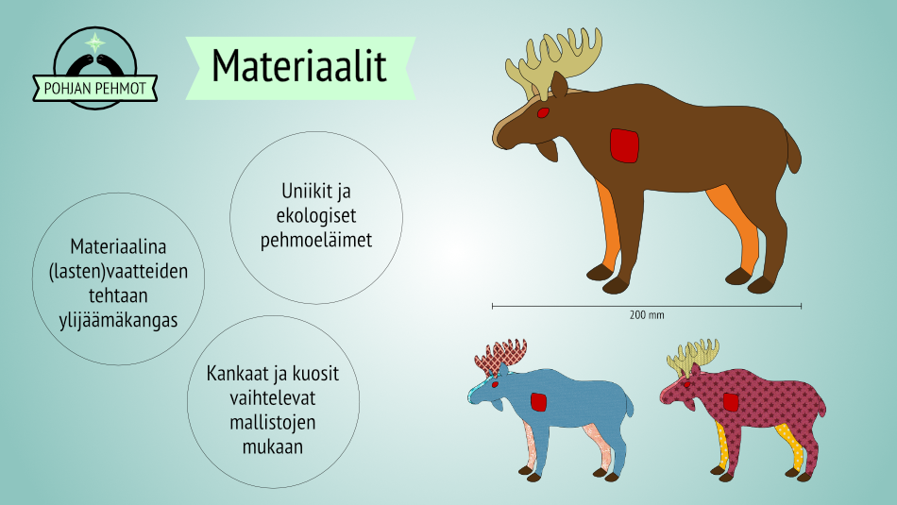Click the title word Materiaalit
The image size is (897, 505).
[299, 66]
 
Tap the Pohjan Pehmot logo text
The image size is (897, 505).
[95, 89]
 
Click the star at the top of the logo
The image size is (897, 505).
[95, 42]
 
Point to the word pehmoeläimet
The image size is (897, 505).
[316, 240]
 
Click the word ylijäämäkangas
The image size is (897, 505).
[118, 320]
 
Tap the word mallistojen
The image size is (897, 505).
[272, 423]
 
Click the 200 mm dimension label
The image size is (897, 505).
[647, 315]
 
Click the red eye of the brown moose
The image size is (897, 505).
[543, 112]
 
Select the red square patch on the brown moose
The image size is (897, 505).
[624, 146]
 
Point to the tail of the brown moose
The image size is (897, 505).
[793, 150]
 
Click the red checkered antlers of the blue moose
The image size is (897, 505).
[499, 357]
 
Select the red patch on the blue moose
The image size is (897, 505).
[538, 402]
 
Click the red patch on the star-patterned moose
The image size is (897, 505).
[731, 402]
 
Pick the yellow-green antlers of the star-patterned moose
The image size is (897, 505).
[693, 357]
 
